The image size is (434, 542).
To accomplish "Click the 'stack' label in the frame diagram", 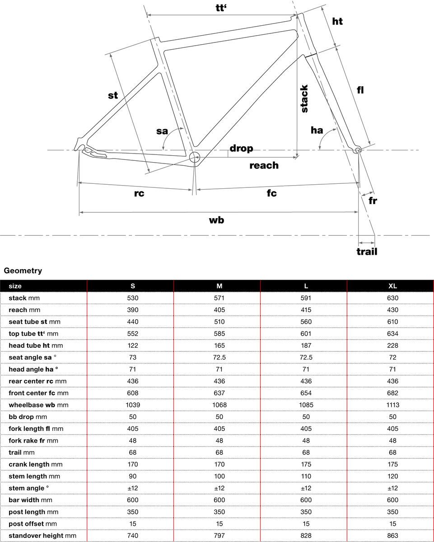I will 304,98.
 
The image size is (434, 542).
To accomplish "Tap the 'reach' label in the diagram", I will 264,165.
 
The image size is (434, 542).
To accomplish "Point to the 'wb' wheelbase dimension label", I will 216,220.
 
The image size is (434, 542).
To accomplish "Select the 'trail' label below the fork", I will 367,252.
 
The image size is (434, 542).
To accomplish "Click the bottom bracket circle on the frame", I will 195,157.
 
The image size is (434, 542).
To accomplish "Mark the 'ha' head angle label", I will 317,130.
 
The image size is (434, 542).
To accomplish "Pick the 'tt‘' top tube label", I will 220,8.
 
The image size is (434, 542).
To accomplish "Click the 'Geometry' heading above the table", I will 23,271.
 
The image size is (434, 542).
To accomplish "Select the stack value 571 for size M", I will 219,298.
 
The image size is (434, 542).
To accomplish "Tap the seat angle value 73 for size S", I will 132,357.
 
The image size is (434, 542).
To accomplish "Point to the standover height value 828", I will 306,535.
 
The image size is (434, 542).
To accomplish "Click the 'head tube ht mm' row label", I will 36,346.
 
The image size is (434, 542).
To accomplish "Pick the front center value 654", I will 306,393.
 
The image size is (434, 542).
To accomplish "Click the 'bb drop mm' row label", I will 28,417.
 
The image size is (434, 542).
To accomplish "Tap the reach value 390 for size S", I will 132,310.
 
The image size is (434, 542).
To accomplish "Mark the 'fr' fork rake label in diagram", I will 372,201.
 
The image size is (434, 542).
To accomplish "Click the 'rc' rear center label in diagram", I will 139,193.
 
